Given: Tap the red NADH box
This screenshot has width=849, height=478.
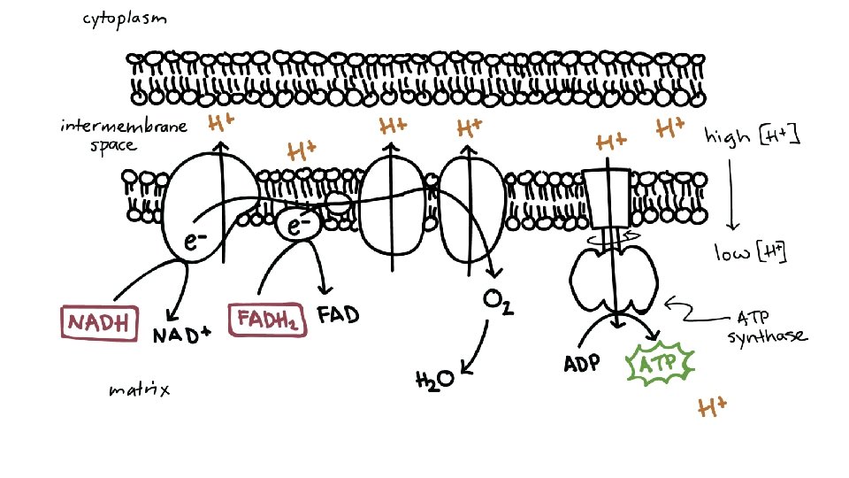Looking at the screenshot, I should coord(100,321).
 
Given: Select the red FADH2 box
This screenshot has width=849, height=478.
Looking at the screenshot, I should coord(267,320).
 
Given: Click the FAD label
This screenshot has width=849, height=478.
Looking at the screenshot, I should coord(339,316).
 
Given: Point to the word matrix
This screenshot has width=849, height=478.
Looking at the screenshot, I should coord(139,389).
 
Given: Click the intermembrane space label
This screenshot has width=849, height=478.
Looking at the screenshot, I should coord(124,135).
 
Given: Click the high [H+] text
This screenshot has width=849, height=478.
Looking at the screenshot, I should coord(752,136).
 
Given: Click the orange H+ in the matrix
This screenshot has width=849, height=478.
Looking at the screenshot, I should coord(712,408).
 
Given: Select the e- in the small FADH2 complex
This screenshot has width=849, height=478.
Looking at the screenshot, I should coord(299,227).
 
